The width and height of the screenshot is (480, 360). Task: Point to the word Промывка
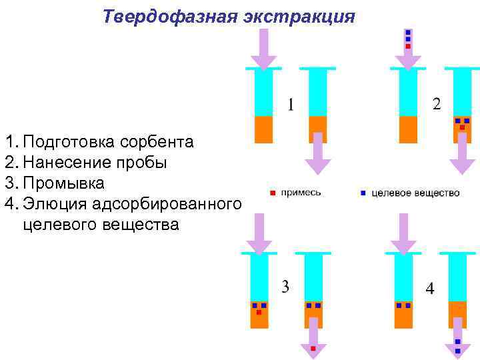[64, 182]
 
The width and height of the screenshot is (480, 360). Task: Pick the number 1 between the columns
[291, 105]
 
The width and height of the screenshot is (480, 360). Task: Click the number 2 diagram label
[437, 104]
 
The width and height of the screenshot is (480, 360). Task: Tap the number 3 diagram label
[285, 287]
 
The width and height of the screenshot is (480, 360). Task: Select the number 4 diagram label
[430, 289]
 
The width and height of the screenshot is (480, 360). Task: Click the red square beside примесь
[272, 193]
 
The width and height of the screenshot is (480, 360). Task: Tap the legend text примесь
[301, 193]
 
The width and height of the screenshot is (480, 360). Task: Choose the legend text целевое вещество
[415, 193]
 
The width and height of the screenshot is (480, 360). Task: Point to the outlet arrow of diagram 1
[318, 155]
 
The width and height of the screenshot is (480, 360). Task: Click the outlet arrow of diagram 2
[462, 155]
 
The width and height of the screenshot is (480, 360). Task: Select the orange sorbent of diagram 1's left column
[264, 129]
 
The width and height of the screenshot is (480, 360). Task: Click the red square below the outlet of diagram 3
[312, 347]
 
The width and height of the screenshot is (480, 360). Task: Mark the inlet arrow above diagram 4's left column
[402, 233]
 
